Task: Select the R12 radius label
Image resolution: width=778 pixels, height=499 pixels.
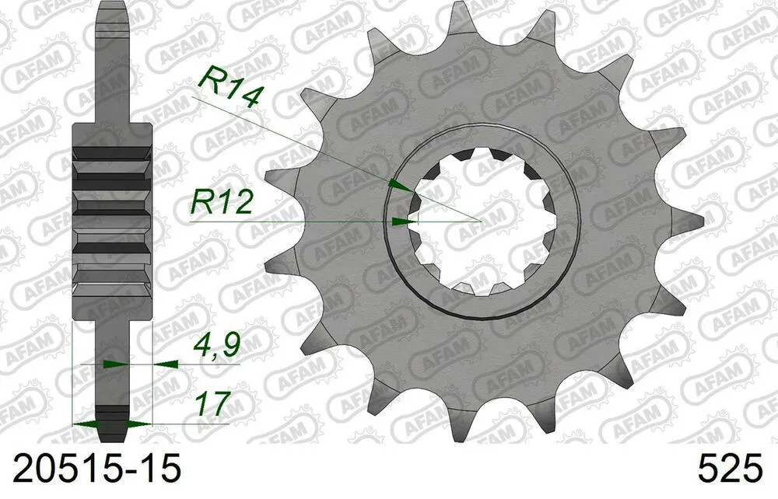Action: (x=223, y=203)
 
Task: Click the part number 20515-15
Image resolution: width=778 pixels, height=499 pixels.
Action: (x=91, y=469)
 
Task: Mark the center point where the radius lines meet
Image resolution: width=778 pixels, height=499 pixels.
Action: (x=482, y=222)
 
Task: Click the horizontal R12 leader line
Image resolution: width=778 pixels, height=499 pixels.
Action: (x=296, y=222)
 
